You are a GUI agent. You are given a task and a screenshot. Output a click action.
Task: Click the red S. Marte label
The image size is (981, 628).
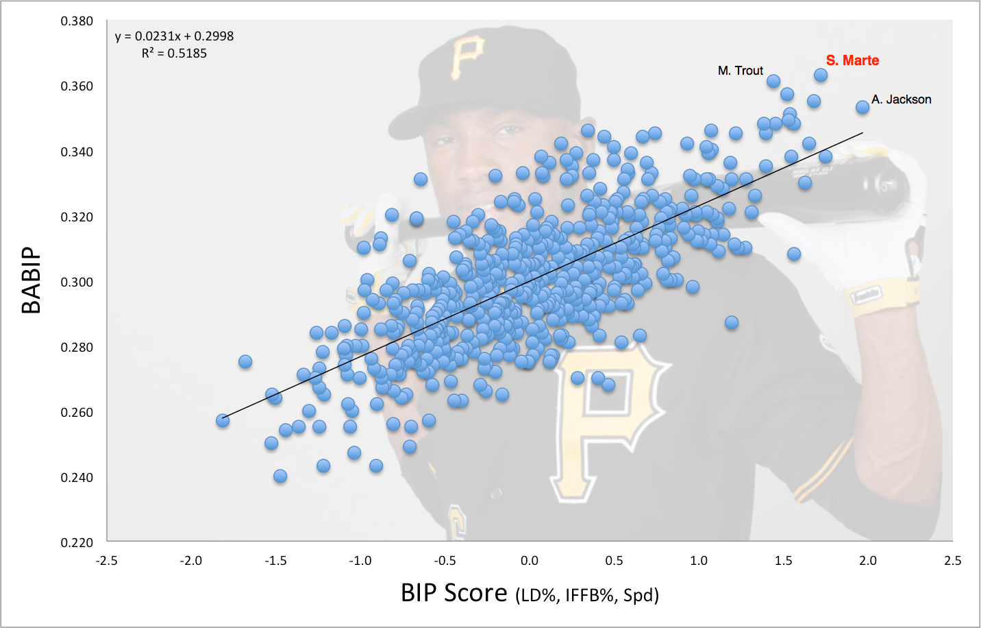(852, 60)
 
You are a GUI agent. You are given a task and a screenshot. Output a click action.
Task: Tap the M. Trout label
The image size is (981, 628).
(740, 71)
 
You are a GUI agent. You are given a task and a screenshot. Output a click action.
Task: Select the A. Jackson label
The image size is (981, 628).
(901, 99)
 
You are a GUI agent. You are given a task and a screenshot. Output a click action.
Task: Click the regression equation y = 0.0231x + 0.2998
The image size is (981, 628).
(174, 36)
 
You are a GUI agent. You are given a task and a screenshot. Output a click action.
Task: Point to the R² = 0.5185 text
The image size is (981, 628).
(174, 53)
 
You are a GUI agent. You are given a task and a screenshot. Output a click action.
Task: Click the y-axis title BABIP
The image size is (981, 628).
(32, 280)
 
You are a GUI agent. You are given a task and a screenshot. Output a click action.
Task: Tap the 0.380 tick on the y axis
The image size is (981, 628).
(77, 21)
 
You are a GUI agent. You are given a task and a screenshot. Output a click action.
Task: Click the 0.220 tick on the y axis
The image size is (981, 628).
(77, 543)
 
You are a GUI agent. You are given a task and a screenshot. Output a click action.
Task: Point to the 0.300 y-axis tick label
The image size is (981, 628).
(77, 282)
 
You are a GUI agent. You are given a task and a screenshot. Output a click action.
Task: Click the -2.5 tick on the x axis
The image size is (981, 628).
(107, 561)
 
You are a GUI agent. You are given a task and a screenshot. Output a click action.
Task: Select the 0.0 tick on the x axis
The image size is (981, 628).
(530, 561)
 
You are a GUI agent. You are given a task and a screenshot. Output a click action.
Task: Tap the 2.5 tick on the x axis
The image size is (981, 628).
(952, 561)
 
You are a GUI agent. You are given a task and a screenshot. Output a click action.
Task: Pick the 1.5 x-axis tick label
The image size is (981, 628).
(783, 561)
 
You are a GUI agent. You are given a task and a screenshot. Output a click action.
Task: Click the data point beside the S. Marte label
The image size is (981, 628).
(821, 75)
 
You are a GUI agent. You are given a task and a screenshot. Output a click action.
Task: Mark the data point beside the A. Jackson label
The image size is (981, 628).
(862, 108)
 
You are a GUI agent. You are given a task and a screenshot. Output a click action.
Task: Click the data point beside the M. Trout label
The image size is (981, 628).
(773, 82)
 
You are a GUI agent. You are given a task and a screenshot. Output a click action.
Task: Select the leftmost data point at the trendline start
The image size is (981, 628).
(223, 420)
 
